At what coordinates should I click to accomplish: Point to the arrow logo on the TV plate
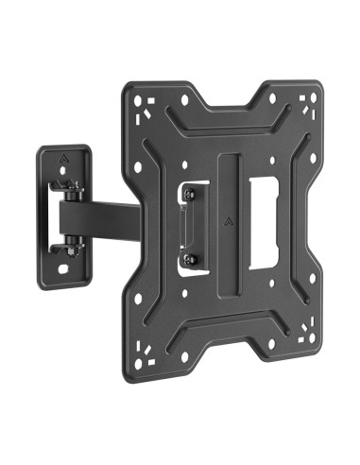231,224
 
